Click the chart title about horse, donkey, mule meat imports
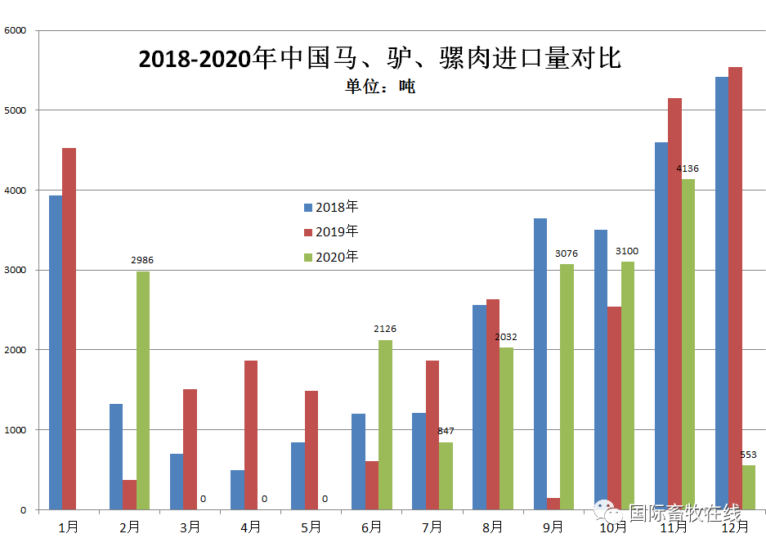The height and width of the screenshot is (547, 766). coord(380,58)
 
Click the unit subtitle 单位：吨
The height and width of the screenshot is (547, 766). coord(380,86)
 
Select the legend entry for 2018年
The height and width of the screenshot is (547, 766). coord(331,207)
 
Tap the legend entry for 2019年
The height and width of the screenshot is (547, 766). coord(331,231)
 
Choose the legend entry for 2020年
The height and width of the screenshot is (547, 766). coord(331,257)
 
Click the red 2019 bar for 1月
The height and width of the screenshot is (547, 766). coord(69,329)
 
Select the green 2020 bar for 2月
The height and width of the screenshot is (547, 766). coord(143,390)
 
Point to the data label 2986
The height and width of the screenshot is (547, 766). coord(142,260)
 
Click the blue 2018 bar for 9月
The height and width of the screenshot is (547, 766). coord(540,364)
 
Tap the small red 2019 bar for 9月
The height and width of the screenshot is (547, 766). coord(553,504)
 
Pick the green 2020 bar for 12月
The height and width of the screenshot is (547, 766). coord(748,487)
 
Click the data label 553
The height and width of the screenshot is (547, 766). coord(748,455)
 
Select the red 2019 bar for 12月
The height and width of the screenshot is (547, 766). coord(735,289)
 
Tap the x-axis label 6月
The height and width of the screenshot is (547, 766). coord(371,527)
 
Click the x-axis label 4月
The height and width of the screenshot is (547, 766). coord(250,527)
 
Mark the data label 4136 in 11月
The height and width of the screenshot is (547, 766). coord(688,168)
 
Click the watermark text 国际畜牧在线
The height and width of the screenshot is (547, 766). coord(683,513)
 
